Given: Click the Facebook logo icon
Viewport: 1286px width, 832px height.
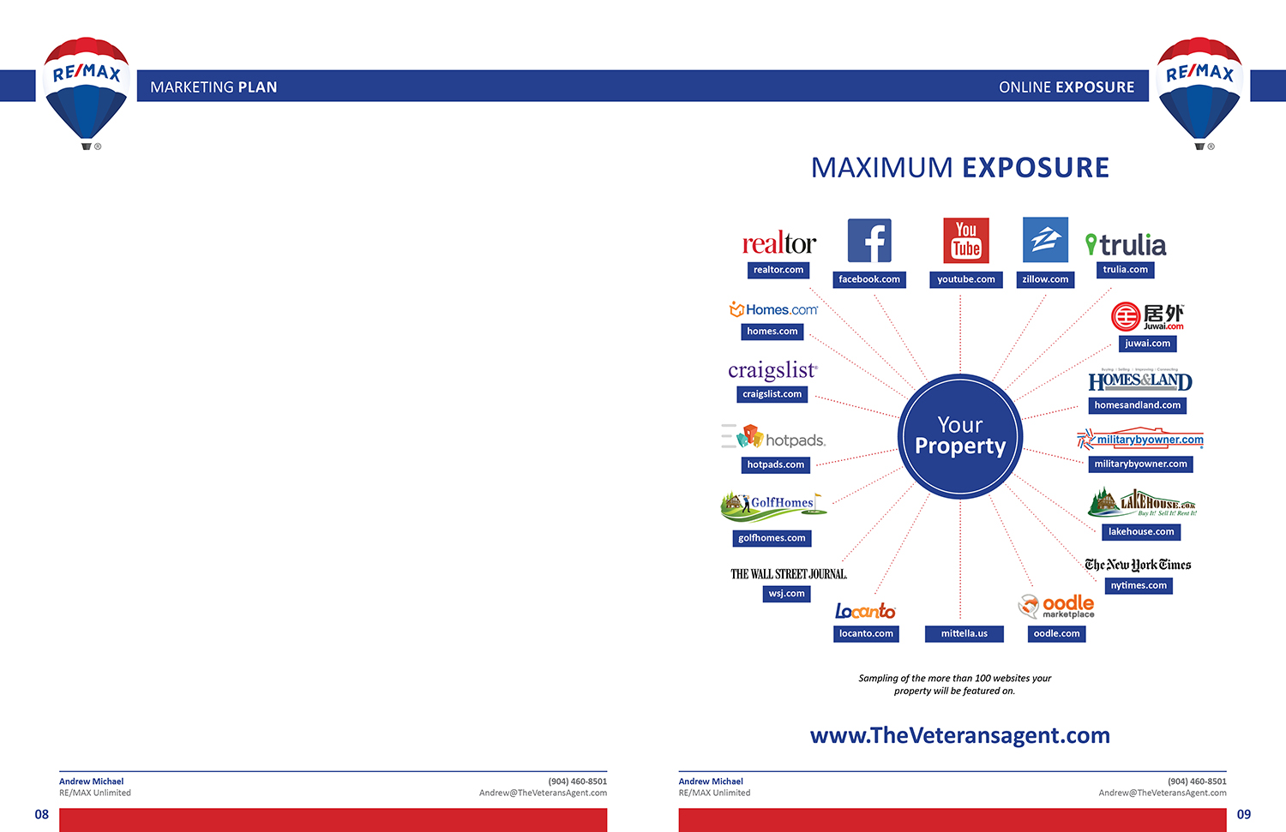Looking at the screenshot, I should pyautogui.click(x=869, y=241).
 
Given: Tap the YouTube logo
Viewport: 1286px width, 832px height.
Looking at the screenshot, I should pyautogui.click(x=966, y=241).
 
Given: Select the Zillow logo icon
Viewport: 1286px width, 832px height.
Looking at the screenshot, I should pyautogui.click(x=1045, y=240).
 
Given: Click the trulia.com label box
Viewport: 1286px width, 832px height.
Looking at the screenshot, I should pyautogui.click(x=1125, y=270).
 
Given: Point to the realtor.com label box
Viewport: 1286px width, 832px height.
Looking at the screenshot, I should pyautogui.click(x=778, y=270).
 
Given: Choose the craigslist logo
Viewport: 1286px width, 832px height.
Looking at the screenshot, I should pyautogui.click(x=772, y=370).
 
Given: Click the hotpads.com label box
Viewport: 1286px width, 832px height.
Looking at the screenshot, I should pyautogui.click(x=775, y=464).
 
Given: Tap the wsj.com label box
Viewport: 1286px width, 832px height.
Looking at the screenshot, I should pyautogui.click(x=786, y=594).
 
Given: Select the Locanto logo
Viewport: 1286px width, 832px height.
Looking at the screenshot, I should pyautogui.click(x=865, y=611).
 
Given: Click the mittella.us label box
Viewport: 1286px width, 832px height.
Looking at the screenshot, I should pyautogui.click(x=964, y=634).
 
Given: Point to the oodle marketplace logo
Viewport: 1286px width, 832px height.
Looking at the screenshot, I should pyautogui.click(x=1056, y=607).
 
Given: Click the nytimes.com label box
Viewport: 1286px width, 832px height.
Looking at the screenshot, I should pyautogui.click(x=1139, y=586).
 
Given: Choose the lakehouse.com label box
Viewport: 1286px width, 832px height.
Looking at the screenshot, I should pyautogui.click(x=1141, y=532).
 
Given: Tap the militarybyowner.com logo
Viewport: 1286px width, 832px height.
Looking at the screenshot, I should pyautogui.click(x=1140, y=440).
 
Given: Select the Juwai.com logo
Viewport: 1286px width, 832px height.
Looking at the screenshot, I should pyautogui.click(x=1147, y=316).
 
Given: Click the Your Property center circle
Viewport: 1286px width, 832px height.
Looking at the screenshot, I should pyautogui.click(x=960, y=436).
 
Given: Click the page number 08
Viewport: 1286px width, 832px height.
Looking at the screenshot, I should pyautogui.click(x=42, y=815).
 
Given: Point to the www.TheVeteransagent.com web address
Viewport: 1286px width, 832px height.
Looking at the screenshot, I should pyautogui.click(x=959, y=735).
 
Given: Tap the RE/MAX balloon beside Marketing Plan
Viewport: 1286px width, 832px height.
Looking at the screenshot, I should pyautogui.click(x=86, y=90).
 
